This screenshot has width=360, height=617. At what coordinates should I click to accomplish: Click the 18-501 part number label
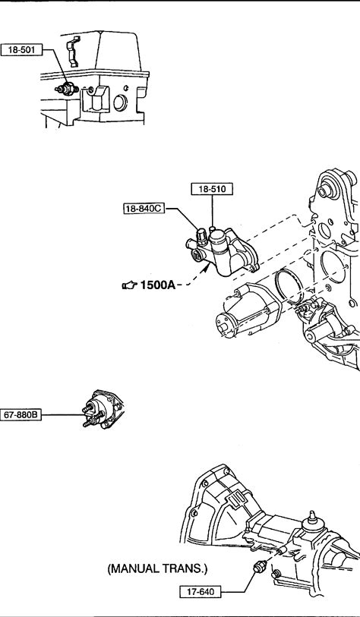pyautogui.click(x=22, y=50)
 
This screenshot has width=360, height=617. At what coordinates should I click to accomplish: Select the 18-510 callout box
pyautogui.click(x=212, y=189)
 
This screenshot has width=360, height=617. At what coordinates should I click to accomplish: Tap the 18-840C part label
pyautogui.click(x=144, y=209)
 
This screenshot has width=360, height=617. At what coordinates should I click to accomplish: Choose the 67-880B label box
pyautogui.click(x=21, y=414)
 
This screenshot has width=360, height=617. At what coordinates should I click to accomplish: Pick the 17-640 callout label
pyautogui.click(x=200, y=591)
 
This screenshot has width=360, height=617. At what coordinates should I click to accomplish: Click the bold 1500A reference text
pyautogui.click(x=158, y=285)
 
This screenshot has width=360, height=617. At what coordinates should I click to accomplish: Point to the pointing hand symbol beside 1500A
pyautogui.click(x=130, y=285)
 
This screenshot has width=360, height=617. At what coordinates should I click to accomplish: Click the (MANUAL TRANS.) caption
pyautogui.click(x=157, y=568)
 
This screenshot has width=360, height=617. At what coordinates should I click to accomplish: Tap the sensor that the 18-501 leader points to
pyautogui.click(x=66, y=89)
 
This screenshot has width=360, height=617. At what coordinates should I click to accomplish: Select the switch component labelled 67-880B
pyautogui.click(x=102, y=411)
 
